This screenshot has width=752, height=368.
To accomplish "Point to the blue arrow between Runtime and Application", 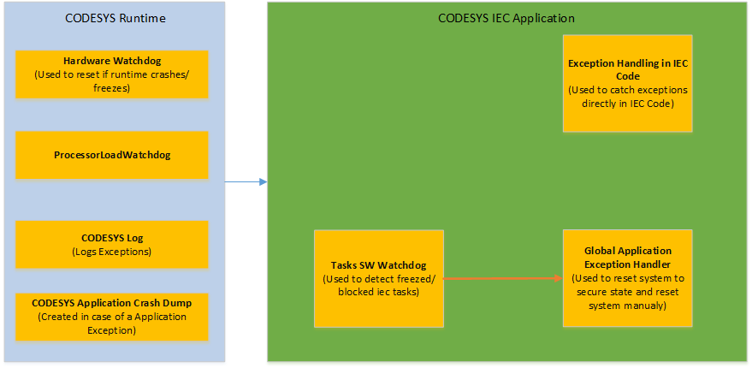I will [x=246, y=181].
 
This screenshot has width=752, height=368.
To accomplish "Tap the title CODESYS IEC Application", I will [x=506, y=18].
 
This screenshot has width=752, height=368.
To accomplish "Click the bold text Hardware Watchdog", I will [x=112, y=61].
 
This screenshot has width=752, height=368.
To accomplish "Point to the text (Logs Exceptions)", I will [x=112, y=252].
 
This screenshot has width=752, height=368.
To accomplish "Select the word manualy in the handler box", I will [x=649, y=306].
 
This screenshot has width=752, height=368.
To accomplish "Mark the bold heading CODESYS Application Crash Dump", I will [x=112, y=303].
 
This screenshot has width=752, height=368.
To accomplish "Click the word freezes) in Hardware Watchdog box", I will [x=112, y=87].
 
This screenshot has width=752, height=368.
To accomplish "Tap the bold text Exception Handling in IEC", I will [x=628, y=69].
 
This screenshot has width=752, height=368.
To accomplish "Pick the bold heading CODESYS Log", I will [x=112, y=239].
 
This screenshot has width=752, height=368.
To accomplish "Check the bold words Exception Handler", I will [x=628, y=264].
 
